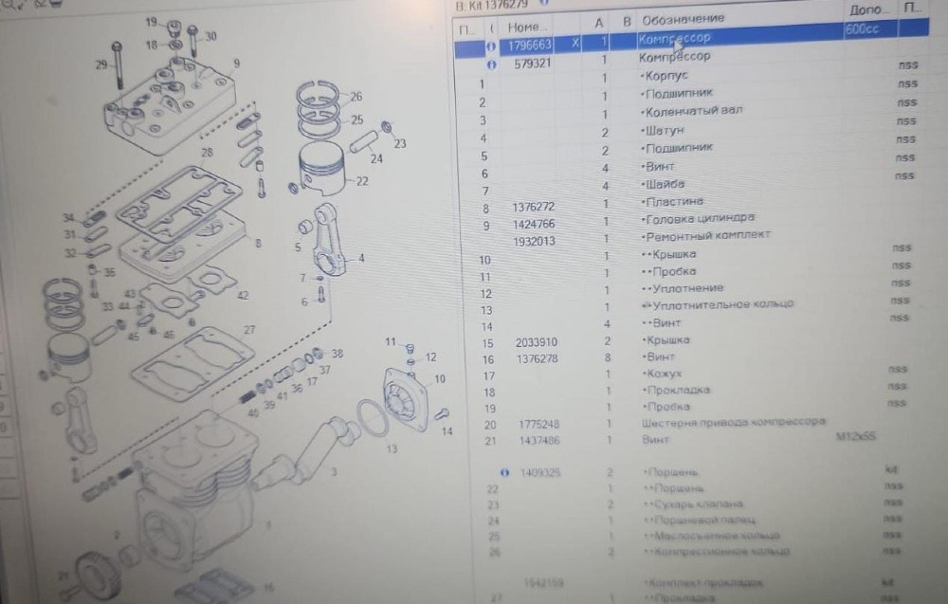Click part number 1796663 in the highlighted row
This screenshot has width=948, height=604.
coord(529,45)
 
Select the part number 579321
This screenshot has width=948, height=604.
coord(533,64)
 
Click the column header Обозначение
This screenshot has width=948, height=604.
coord(683,19)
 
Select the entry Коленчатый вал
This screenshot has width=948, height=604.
coord(693,111)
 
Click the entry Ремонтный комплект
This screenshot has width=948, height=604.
coord(707,235)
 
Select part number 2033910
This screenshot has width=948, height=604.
coord(536,342)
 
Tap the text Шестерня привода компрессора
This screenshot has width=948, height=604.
coord(733,422)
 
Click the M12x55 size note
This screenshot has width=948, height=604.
coord(855,438)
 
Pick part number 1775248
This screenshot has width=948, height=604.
coord(536,425)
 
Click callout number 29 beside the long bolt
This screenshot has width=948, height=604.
coord(100,64)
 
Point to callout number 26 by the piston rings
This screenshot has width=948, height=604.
coord(355,97)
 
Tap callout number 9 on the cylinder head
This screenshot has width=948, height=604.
coord(236,64)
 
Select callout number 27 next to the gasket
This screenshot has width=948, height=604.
coord(249,330)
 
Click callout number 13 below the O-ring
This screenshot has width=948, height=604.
coord(392,448)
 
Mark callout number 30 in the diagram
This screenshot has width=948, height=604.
coord(210,36)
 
